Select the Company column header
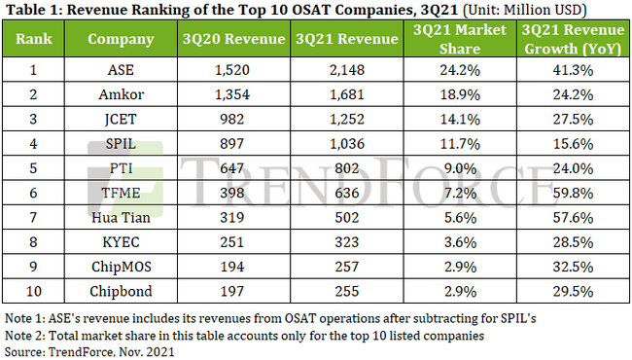tap(121, 41)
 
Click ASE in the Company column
tap(121, 71)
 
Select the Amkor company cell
tap(121, 94)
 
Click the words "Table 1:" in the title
tap(31, 11)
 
